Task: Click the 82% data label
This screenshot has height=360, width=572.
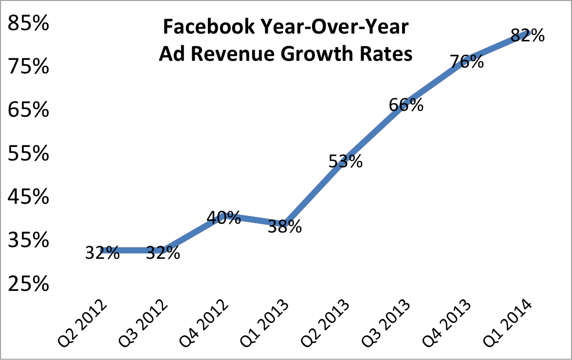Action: pos(528,36)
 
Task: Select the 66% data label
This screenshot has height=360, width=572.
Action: pos(406,105)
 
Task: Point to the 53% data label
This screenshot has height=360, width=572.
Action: pos(345,161)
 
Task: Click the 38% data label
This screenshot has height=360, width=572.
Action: pos(285,226)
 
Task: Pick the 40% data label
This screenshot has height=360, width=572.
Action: pos(223,217)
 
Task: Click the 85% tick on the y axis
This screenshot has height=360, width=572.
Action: pos(29,23)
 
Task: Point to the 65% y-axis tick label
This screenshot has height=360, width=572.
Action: pos(29,110)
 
